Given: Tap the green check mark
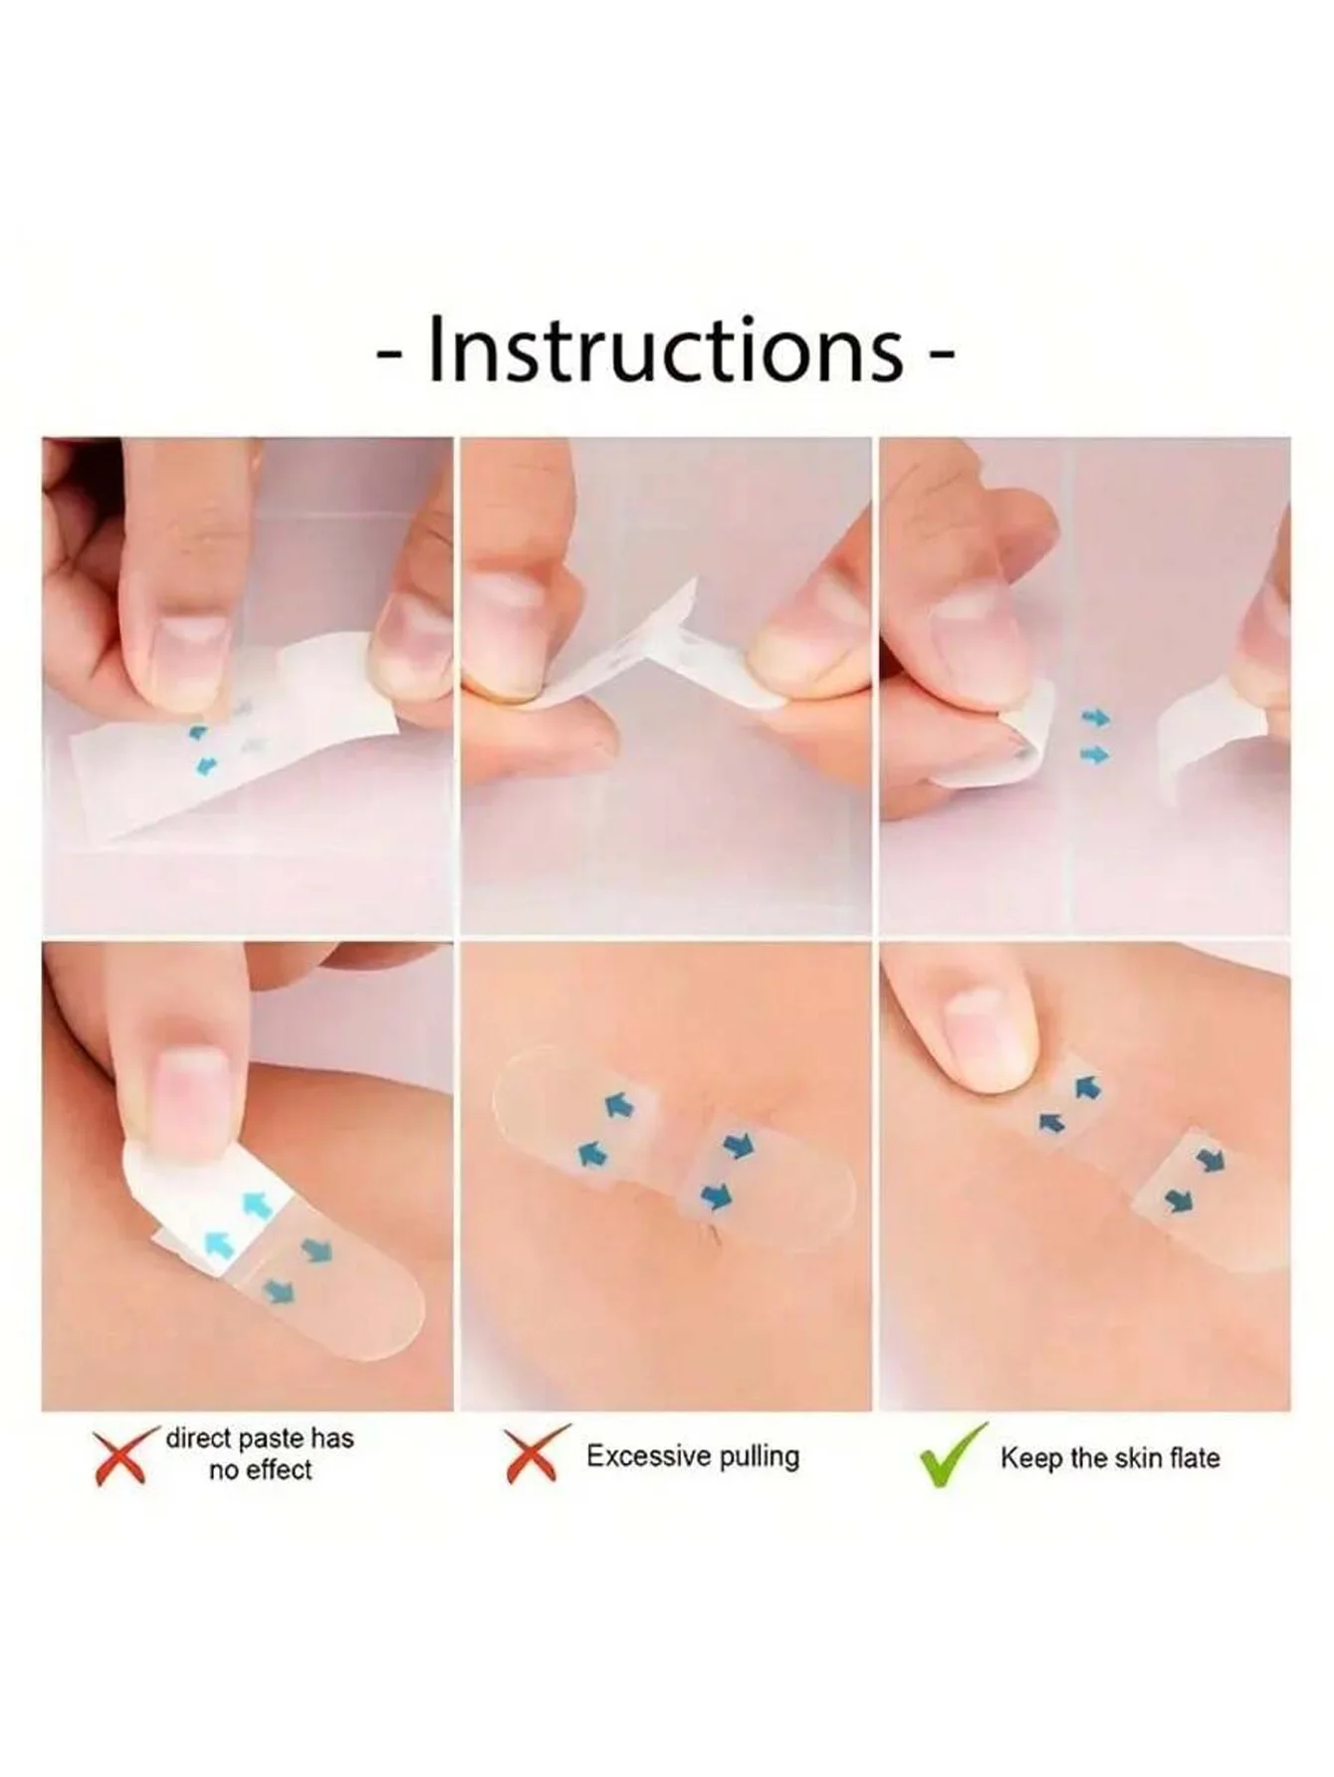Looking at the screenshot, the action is pos(953,1454).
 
